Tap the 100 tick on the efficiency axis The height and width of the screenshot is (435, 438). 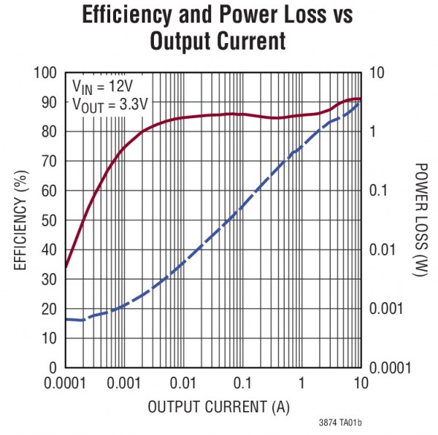45,73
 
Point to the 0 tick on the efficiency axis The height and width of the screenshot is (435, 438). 53,368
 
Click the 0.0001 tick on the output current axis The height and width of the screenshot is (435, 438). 66,383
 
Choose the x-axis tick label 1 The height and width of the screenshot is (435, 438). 301,383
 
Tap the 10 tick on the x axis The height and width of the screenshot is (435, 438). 360,383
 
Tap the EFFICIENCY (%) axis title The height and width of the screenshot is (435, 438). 20,220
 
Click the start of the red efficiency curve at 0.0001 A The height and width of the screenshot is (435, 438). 67,267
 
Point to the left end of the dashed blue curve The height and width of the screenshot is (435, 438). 67,319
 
